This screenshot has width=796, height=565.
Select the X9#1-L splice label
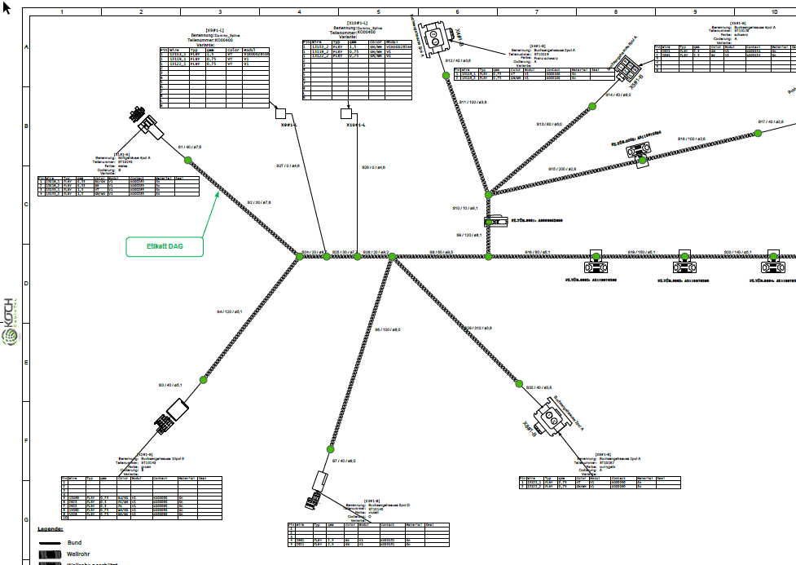pyautogui.click(x=288, y=126)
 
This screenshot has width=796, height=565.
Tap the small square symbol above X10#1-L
pyautogui.click(x=345, y=114)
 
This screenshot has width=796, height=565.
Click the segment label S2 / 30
pyautogui.click(x=259, y=201)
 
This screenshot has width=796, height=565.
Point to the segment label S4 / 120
pyautogui.click(x=230, y=311)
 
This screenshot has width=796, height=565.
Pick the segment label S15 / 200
pyautogui.click(x=562, y=169)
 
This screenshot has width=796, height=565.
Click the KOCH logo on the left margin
pyautogui.click(x=9, y=322)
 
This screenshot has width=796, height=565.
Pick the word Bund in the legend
pyautogui.click(x=74, y=542)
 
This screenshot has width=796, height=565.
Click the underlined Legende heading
pyautogui.click(x=50, y=529)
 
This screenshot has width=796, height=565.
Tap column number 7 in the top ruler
pyautogui.click(x=537, y=12)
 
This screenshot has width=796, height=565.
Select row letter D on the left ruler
pyautogui.click(x=26, y=283)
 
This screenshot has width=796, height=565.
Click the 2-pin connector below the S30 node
pyautogui.click(x=556, y=422)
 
